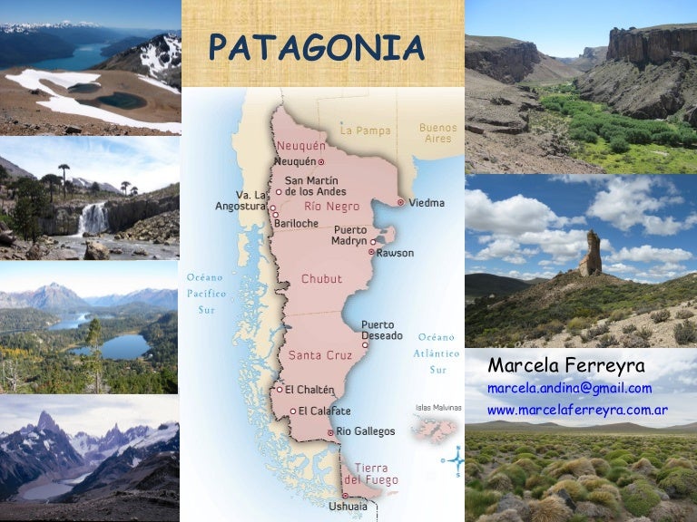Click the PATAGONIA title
click(317, 48)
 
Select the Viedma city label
click(426, 203)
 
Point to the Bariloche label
click(298, 223)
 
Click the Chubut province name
click(321, 279)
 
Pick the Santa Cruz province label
click(319, 355)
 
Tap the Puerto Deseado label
click(381, 330)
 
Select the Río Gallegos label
click(366, 431)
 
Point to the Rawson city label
click(395, 253)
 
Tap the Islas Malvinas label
click(436, 408)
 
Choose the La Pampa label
click(365, 130)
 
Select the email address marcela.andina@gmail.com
click(569, 388)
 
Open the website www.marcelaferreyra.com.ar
click(577, 410)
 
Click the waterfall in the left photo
click(92, 218)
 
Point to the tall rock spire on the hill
click(591, 253)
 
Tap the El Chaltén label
click(309, 390)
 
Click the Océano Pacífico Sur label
click(207, 294)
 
